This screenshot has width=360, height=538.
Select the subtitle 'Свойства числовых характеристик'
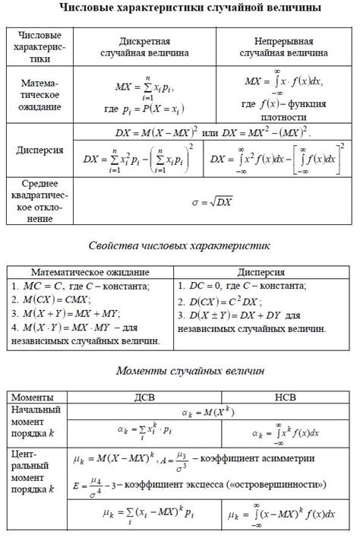179,247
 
